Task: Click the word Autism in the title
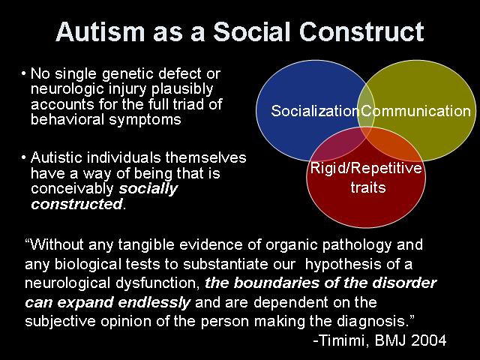tap(100, 31)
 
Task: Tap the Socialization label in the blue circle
tap(315, 110)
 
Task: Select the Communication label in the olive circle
tap(415, 111)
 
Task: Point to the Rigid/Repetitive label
tap(366, 168)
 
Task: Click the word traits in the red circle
tap(368, 187)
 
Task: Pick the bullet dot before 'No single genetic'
tap(23, 73)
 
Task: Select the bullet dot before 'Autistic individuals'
tap(23, 157)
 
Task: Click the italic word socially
tap(148, 188)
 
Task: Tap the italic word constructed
tap(76, 204)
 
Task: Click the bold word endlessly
tap(154, 302)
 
